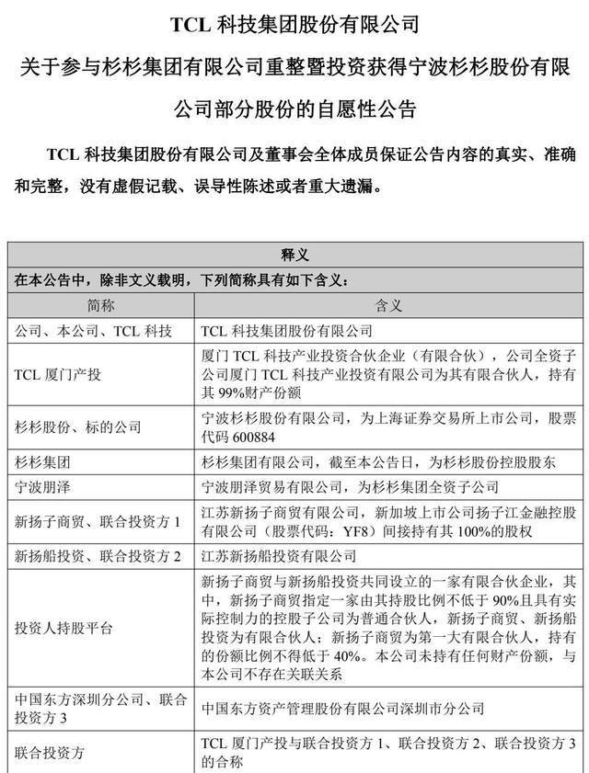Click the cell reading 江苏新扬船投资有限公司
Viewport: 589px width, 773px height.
point(278,555)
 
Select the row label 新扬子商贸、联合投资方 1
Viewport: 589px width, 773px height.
point(98,521)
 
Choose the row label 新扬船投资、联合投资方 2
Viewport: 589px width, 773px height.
point(98,555)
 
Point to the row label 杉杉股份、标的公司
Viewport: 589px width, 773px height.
point(78,426)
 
